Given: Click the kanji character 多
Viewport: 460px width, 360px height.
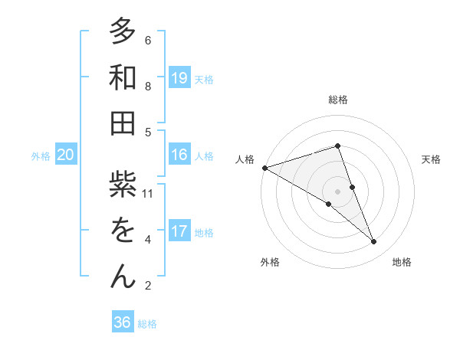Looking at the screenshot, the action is point(122,31).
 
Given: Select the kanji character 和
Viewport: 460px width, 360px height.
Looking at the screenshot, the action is point(122,77).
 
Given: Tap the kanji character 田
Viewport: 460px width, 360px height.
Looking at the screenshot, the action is point(122,123).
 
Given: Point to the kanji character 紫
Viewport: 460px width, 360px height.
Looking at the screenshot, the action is point(122,185).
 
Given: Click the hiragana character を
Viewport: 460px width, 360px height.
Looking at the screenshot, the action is point(122,231).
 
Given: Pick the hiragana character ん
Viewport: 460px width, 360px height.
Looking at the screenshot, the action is point(122,277).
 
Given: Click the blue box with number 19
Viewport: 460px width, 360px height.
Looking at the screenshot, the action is point(179,77).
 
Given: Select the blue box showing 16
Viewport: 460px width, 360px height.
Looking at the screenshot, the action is point(179,155).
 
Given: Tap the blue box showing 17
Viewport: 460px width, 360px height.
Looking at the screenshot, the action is point(179,231).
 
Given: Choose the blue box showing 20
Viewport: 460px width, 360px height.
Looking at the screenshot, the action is point(65,155).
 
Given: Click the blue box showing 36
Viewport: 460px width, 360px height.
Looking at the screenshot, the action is point(122,322).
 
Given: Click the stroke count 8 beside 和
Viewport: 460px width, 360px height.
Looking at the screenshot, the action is point(148,87).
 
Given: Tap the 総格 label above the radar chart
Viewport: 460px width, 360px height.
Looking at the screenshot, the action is point(338,100).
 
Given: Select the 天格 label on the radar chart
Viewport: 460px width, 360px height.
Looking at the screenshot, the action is point(431,159).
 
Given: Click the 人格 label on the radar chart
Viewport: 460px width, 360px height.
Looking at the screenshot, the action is point(245,159).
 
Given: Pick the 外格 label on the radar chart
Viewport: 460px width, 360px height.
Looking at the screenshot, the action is point(270,262).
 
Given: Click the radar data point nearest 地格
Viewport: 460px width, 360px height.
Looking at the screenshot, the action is point(374,242).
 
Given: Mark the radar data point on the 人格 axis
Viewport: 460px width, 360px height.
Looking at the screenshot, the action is point(264,167).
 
